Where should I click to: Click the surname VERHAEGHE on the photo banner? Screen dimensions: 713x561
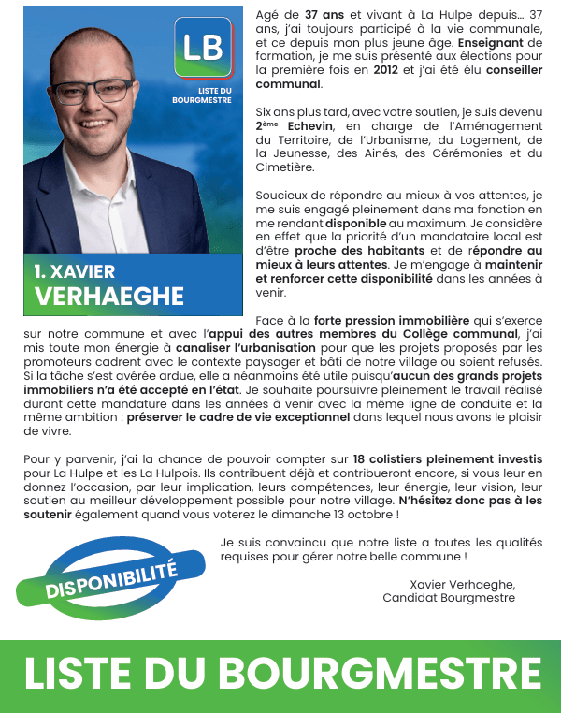coord(109,297)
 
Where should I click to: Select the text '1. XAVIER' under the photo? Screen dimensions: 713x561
coord(75,271)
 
